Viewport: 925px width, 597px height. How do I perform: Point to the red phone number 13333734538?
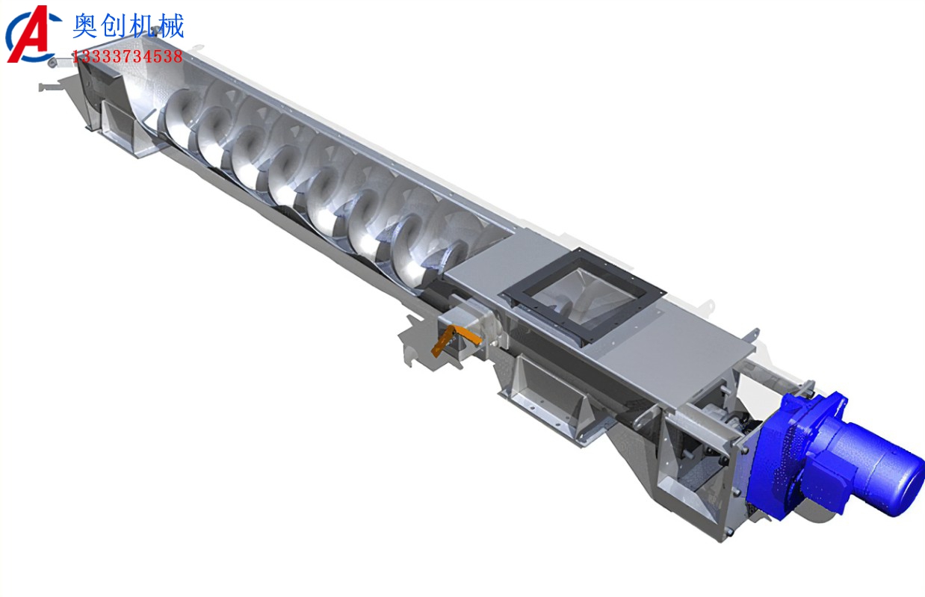128,57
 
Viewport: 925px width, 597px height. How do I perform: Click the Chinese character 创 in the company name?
114,26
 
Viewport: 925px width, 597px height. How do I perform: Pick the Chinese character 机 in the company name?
142,26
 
